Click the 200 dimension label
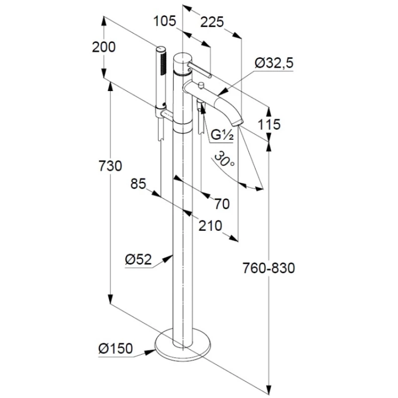point(103,47)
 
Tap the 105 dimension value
point(165,21)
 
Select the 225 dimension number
point(212,22)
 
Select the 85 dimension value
point(139,184)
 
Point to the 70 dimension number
point(222,203)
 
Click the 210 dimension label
point(210,226)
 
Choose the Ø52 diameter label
point(138,259)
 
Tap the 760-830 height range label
point(269,268)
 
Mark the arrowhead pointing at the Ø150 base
point(149,352)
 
